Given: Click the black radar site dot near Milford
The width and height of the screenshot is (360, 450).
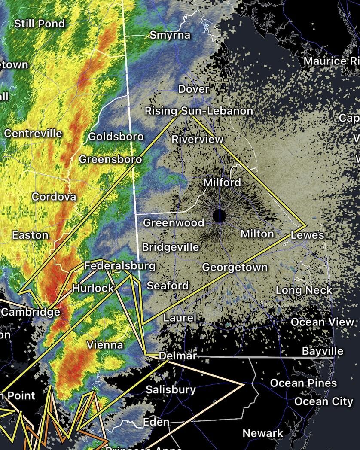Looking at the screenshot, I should point(220,216).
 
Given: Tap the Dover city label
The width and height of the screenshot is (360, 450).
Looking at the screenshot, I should point(194,89).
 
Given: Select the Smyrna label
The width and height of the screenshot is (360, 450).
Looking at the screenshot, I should point(170,35).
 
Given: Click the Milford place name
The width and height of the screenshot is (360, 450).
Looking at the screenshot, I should point(222,182).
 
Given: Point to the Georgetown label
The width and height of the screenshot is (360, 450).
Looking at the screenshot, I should point(235,267).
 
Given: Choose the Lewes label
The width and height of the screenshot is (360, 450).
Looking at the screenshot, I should point(307,235).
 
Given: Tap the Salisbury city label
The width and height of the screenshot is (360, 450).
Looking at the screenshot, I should point(171,389).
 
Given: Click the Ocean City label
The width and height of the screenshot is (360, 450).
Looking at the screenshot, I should point(323,401).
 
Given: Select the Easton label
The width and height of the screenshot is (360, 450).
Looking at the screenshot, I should point(30,235).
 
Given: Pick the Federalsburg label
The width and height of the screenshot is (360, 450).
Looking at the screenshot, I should point(119,266).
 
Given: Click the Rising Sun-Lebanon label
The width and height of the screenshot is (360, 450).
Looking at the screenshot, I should point(198,111).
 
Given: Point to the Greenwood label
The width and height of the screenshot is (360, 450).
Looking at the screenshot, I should point(174,222).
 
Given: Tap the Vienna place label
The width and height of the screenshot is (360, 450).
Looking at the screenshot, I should point(105,345).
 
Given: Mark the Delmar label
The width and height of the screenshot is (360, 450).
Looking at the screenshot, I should point(177,356).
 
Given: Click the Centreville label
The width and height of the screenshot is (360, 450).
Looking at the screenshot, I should point(33,133).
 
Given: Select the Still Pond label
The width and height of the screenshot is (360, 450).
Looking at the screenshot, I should point(40,23).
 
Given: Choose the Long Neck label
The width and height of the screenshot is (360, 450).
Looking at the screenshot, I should point(304,290).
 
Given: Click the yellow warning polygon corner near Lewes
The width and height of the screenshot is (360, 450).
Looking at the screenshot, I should point(305,225).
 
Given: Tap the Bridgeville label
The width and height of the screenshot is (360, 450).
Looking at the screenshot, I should point(170,247).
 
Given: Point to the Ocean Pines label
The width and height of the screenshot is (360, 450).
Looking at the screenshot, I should point(303,383).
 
